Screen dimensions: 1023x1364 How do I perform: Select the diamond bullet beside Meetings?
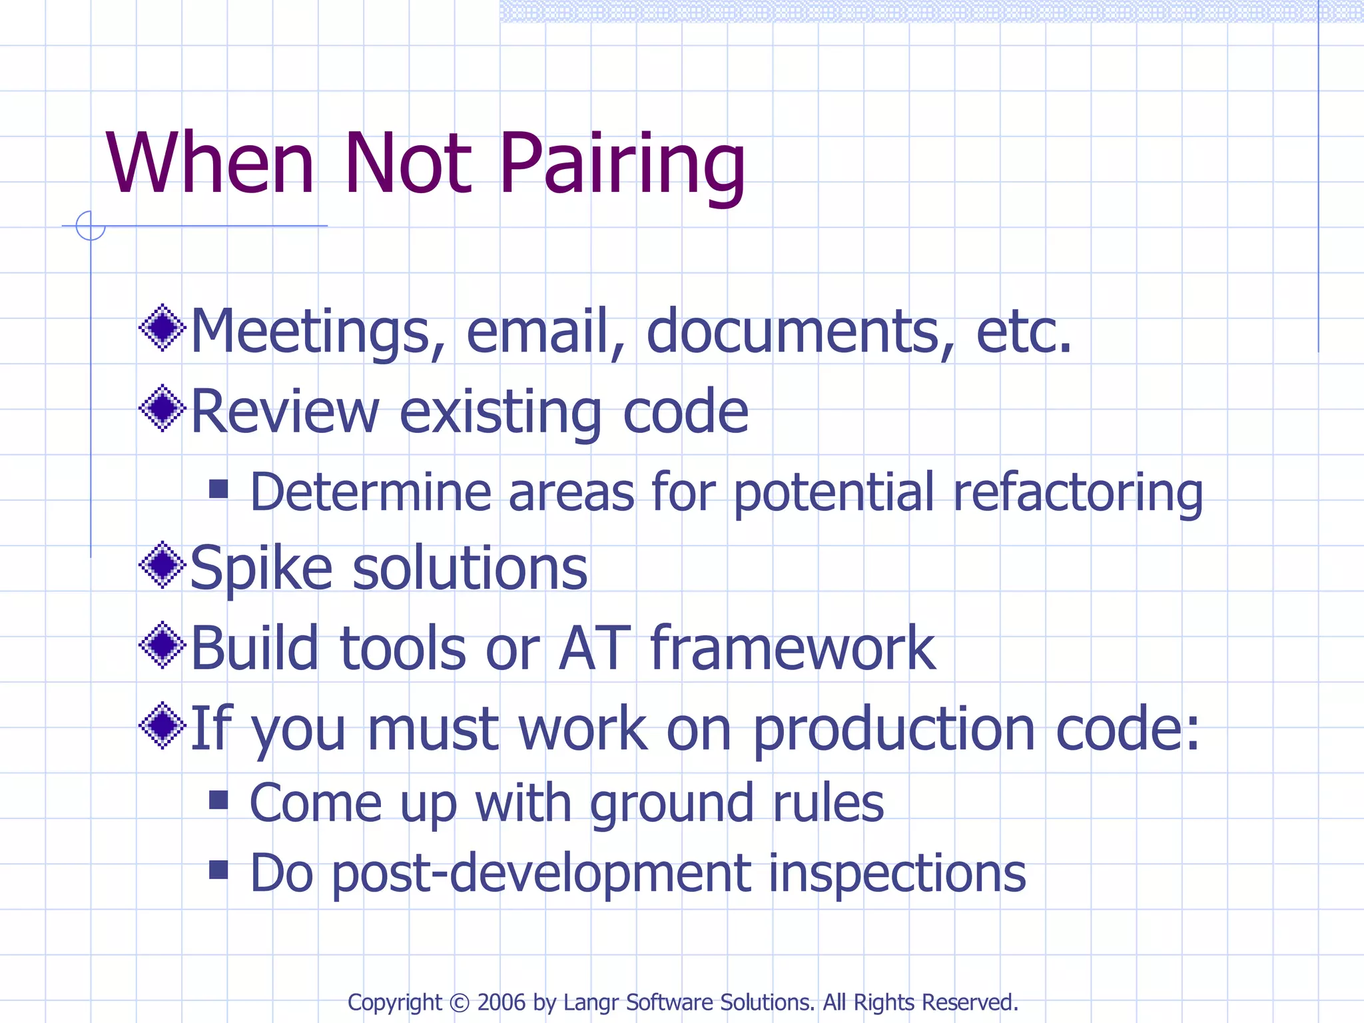click(162, 328)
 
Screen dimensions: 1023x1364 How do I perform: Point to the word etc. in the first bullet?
click(1024, 332)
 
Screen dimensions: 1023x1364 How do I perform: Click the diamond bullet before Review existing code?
click(162, 408)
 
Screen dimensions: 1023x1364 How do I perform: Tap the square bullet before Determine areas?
click(218, 489)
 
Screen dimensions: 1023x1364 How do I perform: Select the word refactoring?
click(1078, 493)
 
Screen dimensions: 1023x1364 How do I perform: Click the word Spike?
click(261, 569)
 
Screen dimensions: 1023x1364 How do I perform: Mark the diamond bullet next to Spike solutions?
click(162, 565)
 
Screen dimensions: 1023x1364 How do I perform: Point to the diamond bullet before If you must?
click(162, 725)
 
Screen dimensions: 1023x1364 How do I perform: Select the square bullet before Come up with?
click(218, 799)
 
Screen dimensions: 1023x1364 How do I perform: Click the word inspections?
click(896, 873)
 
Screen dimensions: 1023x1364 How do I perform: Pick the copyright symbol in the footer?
click(460, 1002)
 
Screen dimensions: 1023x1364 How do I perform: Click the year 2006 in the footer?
click(502, 1002)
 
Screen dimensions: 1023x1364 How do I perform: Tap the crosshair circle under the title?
click(91, 226)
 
